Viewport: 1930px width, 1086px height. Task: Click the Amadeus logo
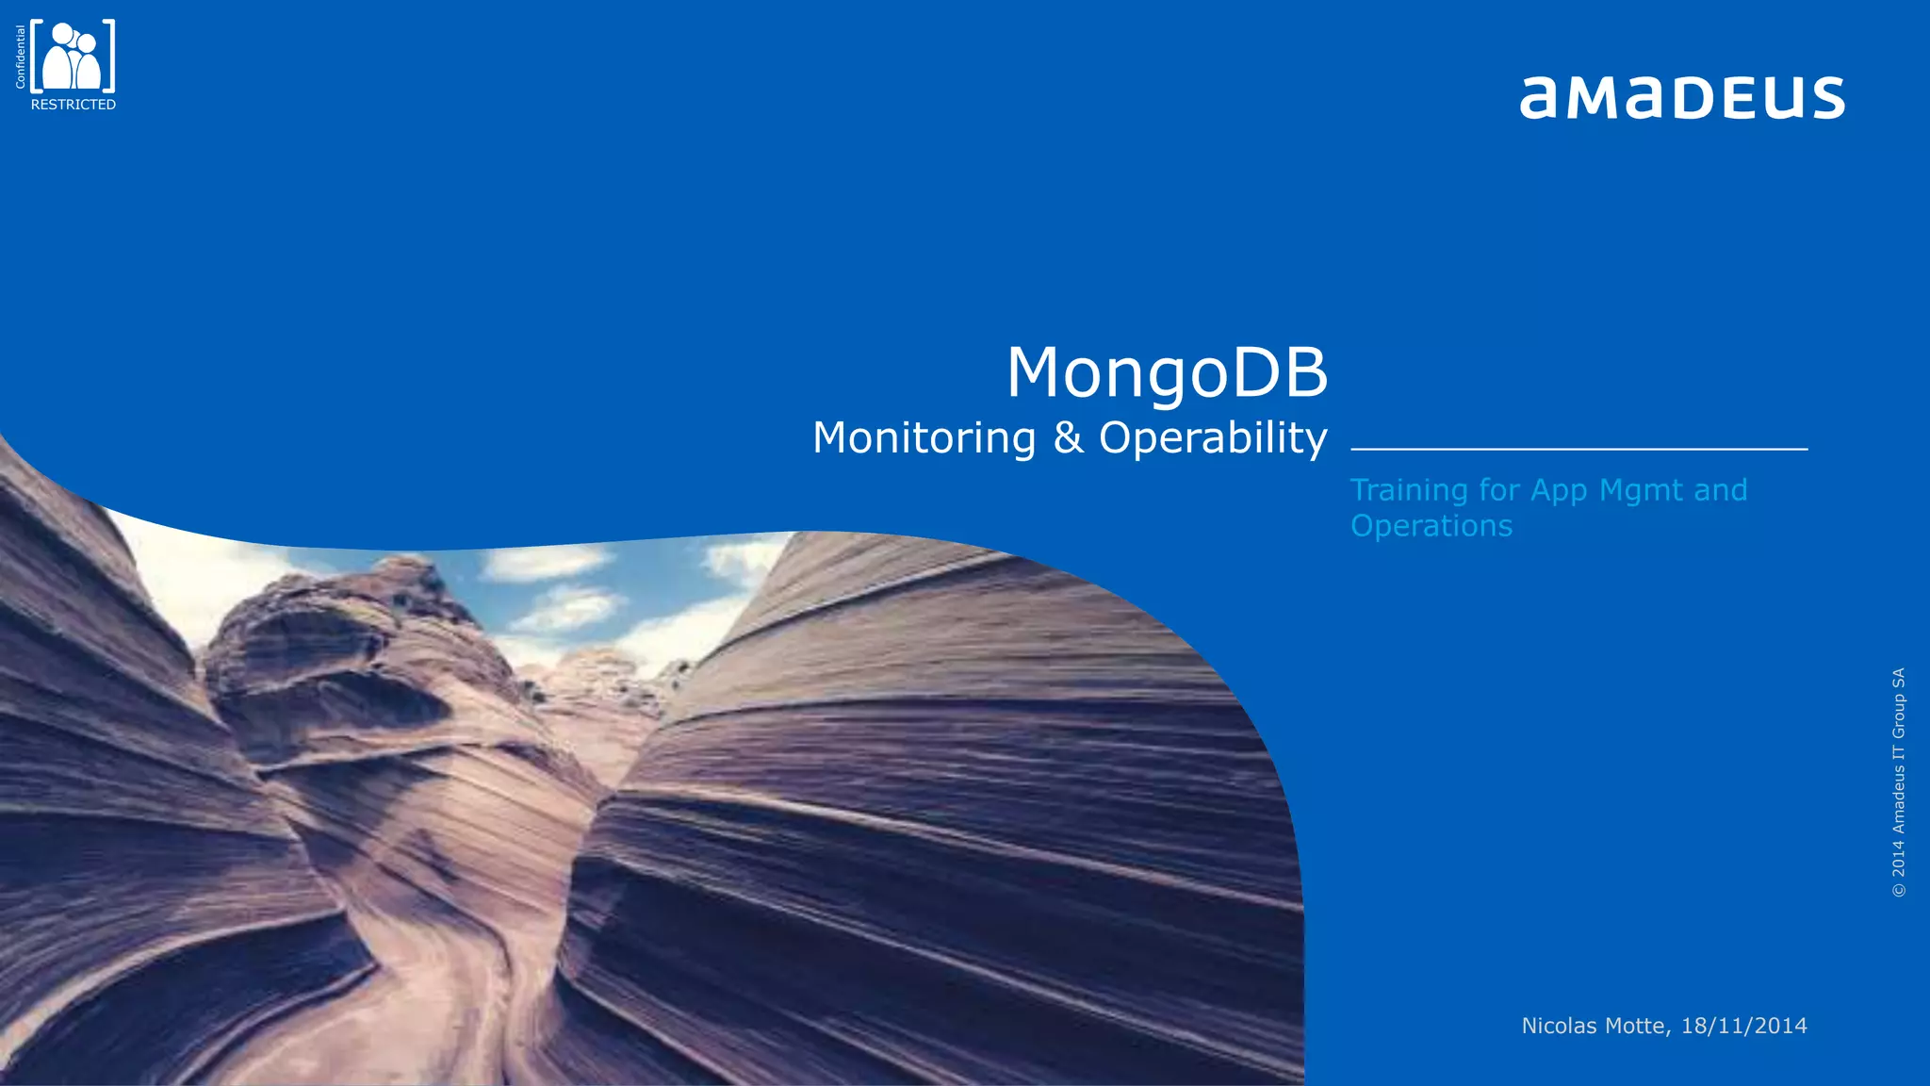tap(1682, 97)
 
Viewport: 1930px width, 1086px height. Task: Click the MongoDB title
tap(1167, 372)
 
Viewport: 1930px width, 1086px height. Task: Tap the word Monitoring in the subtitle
tap(924, 438)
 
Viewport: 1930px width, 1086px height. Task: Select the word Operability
tap(1213, 438)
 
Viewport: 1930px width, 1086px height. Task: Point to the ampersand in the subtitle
tap(1068, 438)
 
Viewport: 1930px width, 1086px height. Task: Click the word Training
tap(1409, 490)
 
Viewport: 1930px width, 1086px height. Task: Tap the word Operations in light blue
tap(1431, 525)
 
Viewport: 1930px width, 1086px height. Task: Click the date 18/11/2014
tap(1743, 1026)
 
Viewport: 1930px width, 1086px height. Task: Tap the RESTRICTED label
tap(74, 105)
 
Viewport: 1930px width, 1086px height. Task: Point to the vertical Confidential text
tap(21, 57)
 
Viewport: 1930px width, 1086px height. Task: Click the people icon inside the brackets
tap(73, 57)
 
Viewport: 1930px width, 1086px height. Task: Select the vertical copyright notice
tap(1898, 782)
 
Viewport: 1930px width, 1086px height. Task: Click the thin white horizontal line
tap(1578, 450)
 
